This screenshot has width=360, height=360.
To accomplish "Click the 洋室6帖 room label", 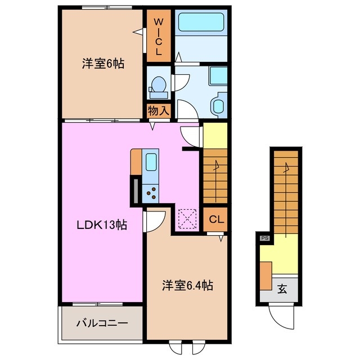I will click(x=103, y=64).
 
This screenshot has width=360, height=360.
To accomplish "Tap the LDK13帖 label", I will click(x=102, y=225).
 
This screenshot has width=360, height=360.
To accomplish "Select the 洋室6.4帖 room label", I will click(x=187, y=285).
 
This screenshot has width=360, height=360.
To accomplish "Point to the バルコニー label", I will click(x=102, y=323).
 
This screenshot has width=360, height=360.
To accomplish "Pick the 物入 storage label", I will click(x=159, y=110).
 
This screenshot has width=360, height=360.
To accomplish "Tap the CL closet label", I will click(x=217, y=219).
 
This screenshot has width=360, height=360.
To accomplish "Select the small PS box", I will click(x=264, y=238).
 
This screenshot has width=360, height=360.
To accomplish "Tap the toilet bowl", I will click(x=157, y=84).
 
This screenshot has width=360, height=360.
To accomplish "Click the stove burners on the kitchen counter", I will click(x=151, y=193).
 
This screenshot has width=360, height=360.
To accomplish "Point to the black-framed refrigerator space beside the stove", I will click(x=136, y=190).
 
